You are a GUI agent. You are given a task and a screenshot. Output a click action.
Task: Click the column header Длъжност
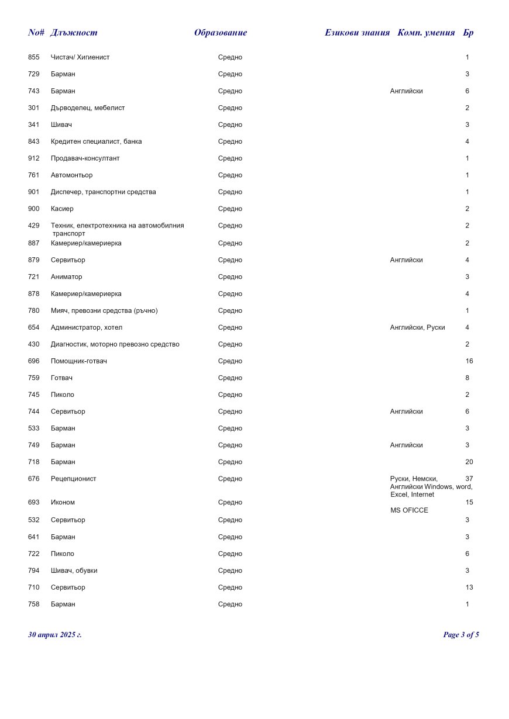[x=74, y=33]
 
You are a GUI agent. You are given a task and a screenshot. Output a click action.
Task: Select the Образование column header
[x=221, y=33]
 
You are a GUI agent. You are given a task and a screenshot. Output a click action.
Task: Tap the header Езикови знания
[x=357, y=33]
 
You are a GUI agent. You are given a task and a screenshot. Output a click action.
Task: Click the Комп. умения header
[x=426, y=33]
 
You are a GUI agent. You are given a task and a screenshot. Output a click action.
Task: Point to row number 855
[x=34, y=57]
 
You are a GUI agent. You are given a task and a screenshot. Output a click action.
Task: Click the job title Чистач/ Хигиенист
[x=80, y=57]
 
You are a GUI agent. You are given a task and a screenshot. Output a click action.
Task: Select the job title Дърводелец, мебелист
[x=88, y=108]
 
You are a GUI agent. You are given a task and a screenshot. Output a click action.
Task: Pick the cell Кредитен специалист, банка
[x=96, y=141]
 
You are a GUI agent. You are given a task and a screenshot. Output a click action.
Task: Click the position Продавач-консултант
[x=85, y=158]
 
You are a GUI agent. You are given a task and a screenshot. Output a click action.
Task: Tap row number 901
[x=34, y=192]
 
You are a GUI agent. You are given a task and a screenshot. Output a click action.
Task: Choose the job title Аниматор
[x=67, y=277]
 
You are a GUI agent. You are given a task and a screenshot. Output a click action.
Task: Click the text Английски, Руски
[x=417, y=328]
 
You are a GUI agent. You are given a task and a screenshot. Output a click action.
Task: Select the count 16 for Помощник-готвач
[x=469, y=361]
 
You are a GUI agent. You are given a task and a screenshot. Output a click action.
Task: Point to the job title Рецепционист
[x=74, y=479]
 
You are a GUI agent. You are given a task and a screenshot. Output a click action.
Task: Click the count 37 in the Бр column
[x=469, y=479]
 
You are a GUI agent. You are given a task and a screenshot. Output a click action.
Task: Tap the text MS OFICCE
[x=409, y=511]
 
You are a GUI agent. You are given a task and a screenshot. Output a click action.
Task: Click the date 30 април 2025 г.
[x=55, y=635]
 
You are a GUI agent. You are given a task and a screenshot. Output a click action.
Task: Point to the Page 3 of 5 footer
[x=461, y=635]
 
